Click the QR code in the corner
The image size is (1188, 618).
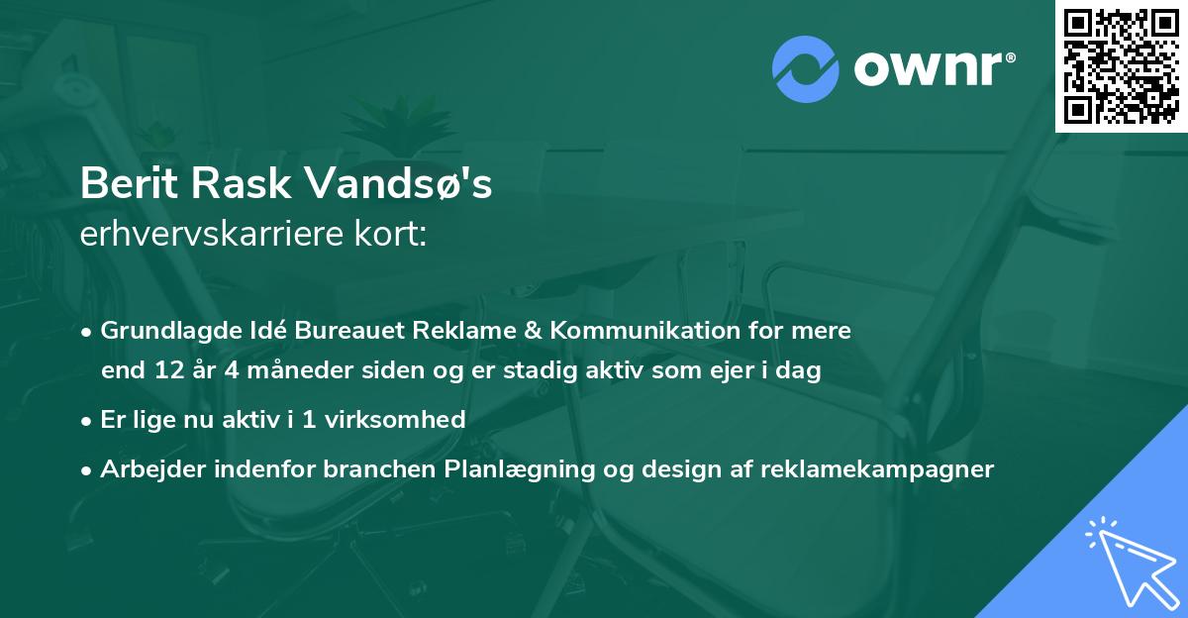(1122, 65)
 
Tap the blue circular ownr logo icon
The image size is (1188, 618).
(806, 69)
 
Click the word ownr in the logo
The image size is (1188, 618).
(928, 69)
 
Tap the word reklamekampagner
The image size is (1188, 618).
(876, 469)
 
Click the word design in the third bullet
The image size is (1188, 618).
(655, 469)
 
